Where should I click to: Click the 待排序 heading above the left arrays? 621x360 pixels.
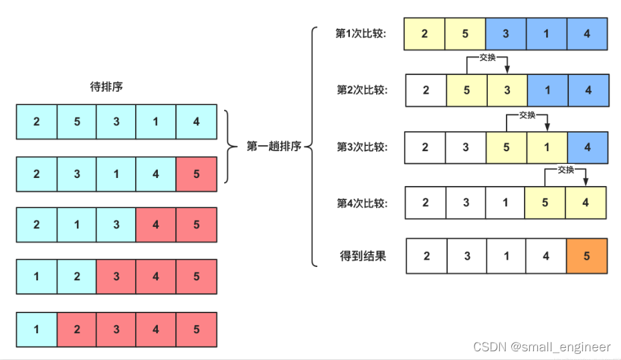106,87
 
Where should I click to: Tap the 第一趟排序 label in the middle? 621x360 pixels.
274,146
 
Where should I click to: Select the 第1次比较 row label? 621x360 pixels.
361,33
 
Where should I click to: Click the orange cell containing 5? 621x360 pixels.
587,256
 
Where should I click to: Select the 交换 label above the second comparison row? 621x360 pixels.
488,58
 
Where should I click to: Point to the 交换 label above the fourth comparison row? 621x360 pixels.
566,170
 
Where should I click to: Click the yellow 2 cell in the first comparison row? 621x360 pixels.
425,34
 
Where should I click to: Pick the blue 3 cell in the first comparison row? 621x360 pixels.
506,34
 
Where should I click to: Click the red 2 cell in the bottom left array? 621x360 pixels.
76,329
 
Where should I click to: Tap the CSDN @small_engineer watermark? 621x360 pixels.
541,347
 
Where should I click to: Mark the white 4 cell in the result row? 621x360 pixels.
546,256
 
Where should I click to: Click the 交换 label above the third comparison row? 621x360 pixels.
527,115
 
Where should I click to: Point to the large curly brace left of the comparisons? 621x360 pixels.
313,146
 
